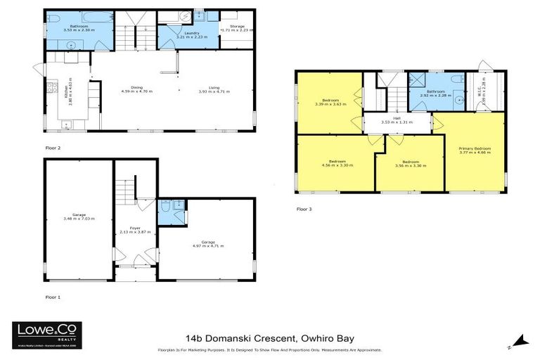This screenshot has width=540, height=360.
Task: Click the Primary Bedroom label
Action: [474, 150]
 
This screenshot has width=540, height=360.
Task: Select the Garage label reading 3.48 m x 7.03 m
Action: [78, 216]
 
